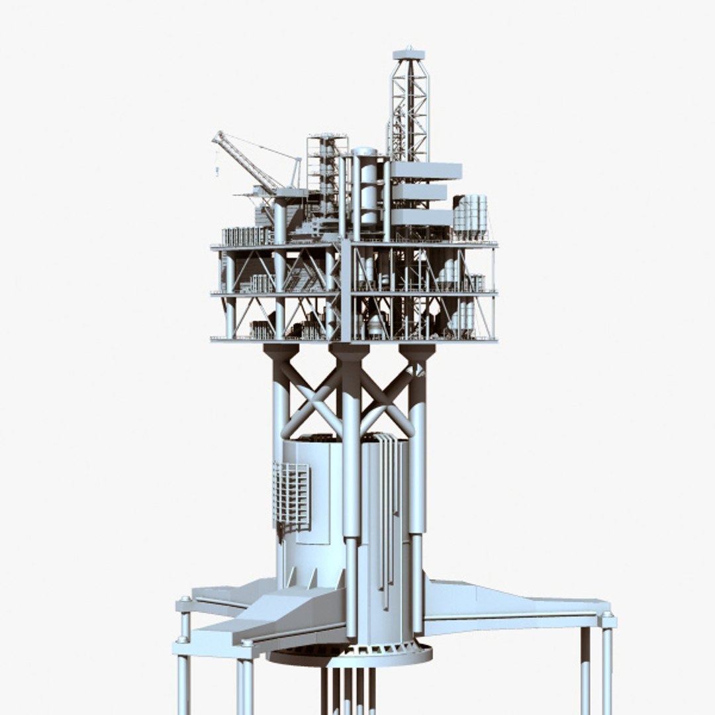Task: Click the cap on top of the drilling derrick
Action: (408, 54)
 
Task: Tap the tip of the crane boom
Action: (216, 135)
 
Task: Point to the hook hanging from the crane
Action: (216, 171)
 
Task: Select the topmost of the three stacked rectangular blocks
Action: (426, 170)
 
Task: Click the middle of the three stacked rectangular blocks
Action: (420, 192)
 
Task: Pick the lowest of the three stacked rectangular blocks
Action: (422, 216)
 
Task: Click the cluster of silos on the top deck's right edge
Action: (471, 216)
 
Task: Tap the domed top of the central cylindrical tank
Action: (364, 153)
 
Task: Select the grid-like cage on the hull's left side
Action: (291, 497)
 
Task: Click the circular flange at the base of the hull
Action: (351, 655)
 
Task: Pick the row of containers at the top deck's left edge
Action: (246, 236)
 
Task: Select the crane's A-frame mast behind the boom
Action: (295, 173)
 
